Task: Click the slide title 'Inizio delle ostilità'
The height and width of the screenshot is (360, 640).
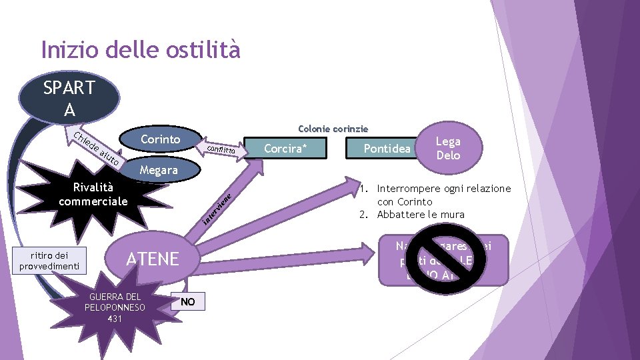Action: point(140,49)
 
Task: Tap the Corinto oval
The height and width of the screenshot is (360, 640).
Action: point(161,139)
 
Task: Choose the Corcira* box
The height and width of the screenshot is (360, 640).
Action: point(284,148)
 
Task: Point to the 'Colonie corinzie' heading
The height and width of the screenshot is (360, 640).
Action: point(333,128)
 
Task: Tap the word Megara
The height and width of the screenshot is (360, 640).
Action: point(159,170)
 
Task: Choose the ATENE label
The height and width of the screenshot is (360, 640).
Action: point(153,259)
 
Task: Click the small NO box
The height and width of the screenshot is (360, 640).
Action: point(188,302)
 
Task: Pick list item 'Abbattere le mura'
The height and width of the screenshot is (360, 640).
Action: point(421,214)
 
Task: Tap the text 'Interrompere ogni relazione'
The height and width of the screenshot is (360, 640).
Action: point(443,189)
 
